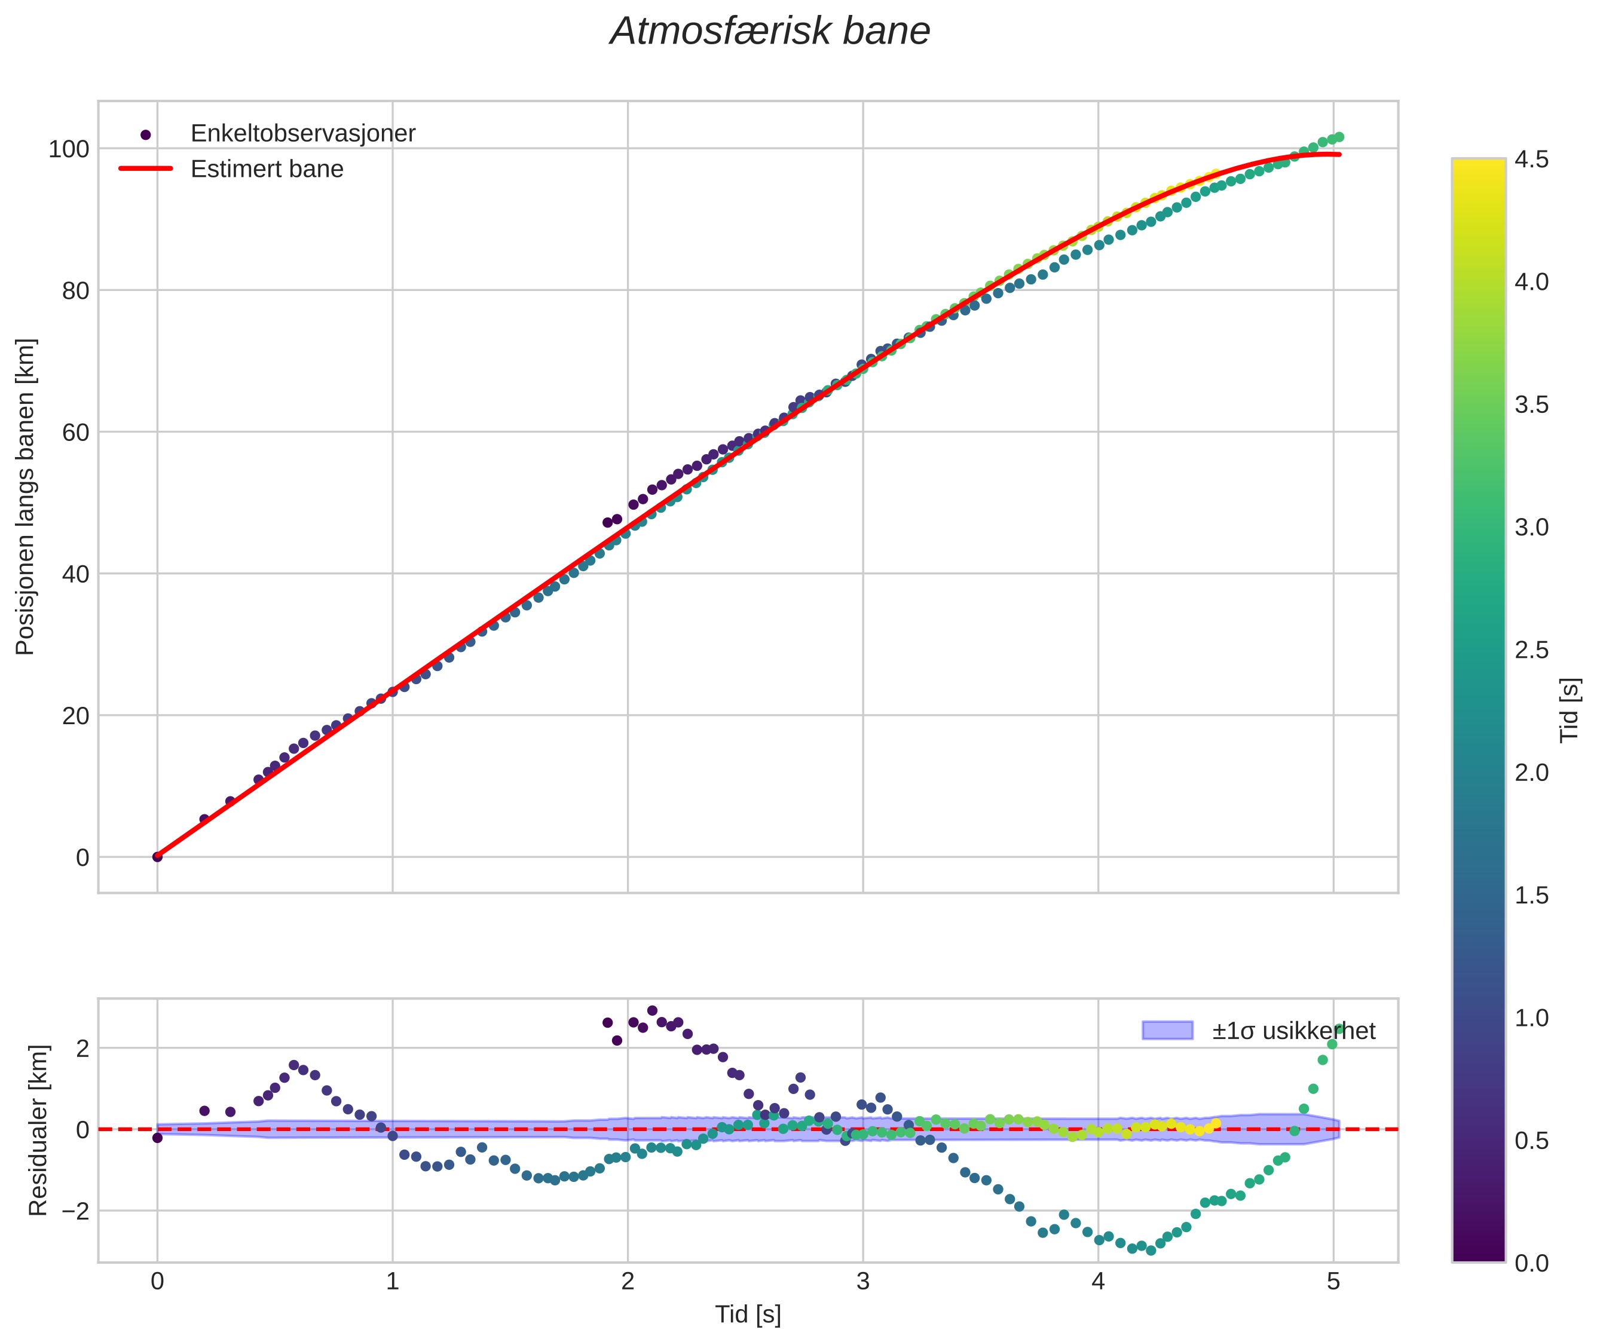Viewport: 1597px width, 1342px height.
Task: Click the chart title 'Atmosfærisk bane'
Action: [769, 32]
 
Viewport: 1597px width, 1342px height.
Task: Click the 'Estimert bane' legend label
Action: [267, 169]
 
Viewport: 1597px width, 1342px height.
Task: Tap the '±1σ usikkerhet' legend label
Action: [1293, 1031]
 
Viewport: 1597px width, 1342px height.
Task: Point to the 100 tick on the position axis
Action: [69, 149]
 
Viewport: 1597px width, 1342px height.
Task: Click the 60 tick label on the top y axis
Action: [75, 432]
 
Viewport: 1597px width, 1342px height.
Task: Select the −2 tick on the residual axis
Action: [73, 1211]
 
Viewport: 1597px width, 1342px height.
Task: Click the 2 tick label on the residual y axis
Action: [82, 1049]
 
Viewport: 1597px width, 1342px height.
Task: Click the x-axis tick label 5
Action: [1332, 1282]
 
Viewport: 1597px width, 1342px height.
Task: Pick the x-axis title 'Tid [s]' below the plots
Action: [747, 1315]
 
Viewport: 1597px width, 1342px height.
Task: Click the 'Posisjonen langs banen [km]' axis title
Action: [25, 497]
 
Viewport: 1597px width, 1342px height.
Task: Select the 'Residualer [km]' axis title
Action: [38, 1130]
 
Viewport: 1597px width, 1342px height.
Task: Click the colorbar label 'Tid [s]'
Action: [1570, 710]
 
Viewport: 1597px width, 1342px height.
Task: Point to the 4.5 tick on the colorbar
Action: [1531, 159]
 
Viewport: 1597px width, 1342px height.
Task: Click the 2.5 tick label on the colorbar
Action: [1531, 649]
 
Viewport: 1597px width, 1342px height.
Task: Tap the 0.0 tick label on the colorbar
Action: [1531, 1264]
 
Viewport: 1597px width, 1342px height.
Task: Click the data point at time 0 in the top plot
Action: [158, 857]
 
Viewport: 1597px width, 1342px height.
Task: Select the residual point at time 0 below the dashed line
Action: [158, 1138]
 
